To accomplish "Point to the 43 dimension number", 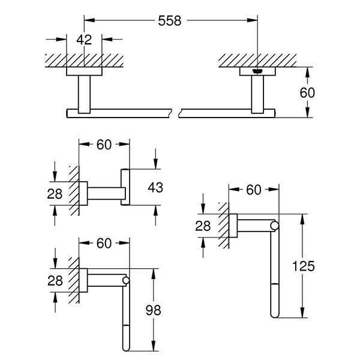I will pyautogui.click(x=155, y=187).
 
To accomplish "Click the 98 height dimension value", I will pyautogui.click(x=155, y=310).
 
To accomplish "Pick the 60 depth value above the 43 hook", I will pyautogui.click(x=104, y=144).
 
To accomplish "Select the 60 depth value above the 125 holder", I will pyautogui.click(x=253, y=190).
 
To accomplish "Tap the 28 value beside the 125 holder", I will pyautogui.click(x=203, y=225).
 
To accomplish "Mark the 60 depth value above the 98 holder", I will pyautogui.click(x=104, y=243).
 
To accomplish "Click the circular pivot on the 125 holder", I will pyautogui.click(x=274, y=226).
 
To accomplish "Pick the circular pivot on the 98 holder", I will pyautogui.click(x=126, y=280).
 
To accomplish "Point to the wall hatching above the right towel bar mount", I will pyautogui.click(x=258, y=60).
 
